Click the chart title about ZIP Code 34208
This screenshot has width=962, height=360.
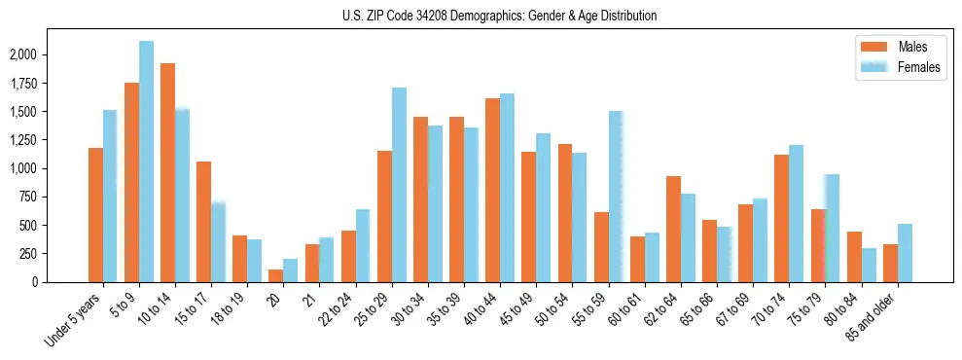(x=500, y=16)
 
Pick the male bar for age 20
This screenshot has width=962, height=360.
(x=276, y=275)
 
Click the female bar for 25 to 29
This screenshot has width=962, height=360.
(x=399, y=185)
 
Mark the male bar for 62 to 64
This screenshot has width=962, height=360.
(x=673, y=229)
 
